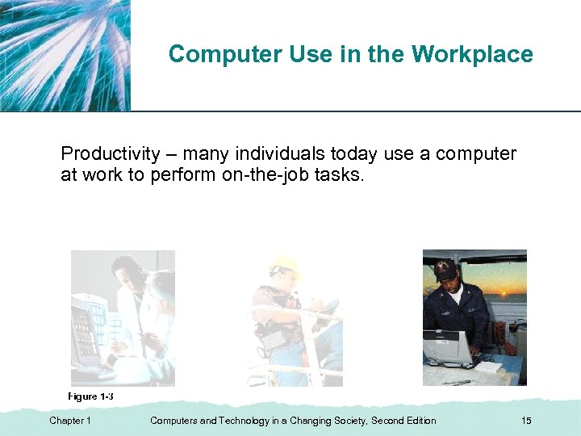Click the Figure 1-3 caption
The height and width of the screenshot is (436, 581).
90,396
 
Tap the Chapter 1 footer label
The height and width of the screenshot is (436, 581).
70,421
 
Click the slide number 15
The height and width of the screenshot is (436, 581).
526,421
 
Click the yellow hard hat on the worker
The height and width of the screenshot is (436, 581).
284,266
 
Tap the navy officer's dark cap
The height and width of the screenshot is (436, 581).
445,269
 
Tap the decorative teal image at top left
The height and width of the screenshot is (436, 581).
65,55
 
